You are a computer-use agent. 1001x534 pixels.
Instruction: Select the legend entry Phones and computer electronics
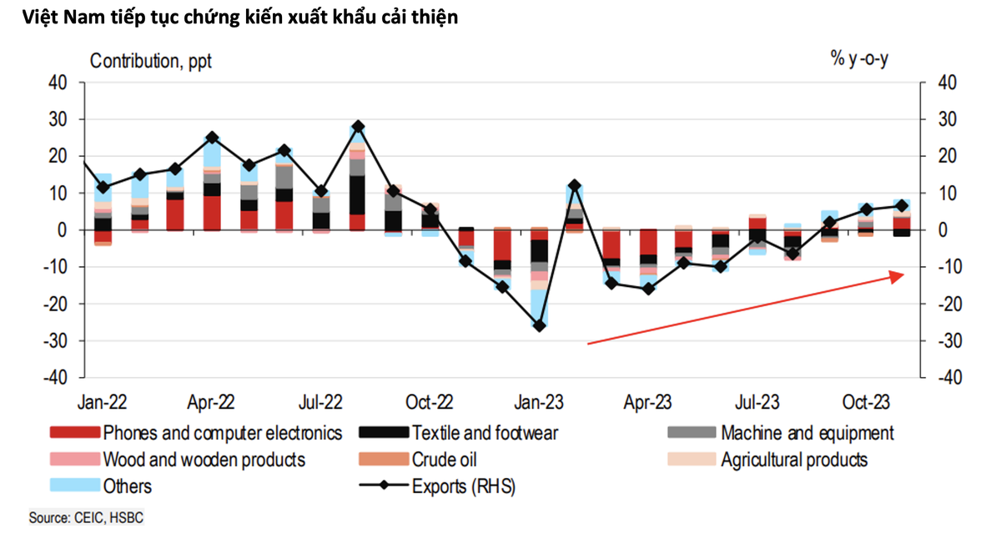click(221, 433)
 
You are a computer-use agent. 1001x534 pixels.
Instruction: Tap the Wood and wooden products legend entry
click(204, 460)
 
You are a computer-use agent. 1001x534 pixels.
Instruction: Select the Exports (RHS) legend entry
click(464, 486)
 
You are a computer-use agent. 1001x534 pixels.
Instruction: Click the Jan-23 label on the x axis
click(539, 401)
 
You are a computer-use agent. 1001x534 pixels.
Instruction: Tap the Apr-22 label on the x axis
click(211, 401)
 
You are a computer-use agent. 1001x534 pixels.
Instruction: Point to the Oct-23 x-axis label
click(868, 401)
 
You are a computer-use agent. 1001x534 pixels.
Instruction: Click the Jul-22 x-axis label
click(320, 401)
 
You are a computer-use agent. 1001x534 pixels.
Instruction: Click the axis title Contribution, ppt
click(151, 61)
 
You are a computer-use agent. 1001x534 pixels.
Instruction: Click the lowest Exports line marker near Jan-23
click(539, 326)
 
